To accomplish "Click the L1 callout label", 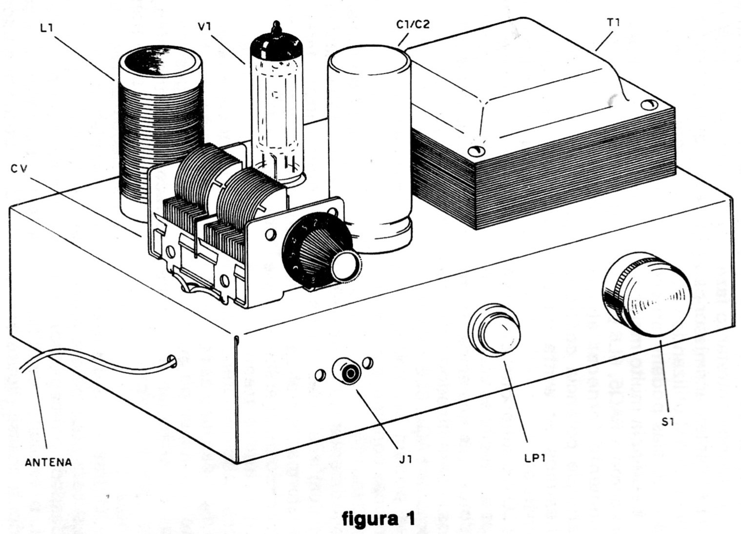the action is tap(46, 28).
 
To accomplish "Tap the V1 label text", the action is tap(204, 26).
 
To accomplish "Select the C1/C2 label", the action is tap(413, 24).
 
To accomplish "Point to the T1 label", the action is tap(613, 23).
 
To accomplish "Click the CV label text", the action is tap(19, 169).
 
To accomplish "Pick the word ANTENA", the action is tap(48, 462).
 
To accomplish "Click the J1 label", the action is tap(405, 459).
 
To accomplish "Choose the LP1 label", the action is tap(535, 458).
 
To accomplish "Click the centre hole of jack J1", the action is tap(350, 374).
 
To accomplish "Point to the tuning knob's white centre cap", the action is tap(346, 266).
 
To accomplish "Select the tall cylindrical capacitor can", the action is tap(370, 149).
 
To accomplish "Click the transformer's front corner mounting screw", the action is tap(476, 151).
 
